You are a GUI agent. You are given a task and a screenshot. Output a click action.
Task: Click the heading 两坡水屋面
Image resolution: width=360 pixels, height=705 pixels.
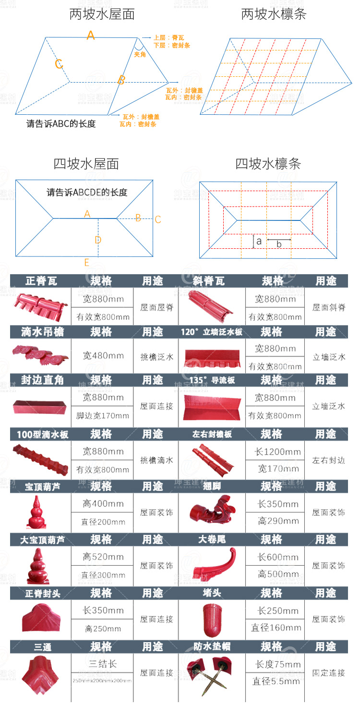tap(102, 14)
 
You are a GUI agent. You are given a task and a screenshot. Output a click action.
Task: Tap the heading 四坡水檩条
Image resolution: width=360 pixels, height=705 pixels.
tap(268, 164)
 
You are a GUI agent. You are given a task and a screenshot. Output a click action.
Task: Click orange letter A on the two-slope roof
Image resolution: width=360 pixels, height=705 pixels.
tap(91, 35)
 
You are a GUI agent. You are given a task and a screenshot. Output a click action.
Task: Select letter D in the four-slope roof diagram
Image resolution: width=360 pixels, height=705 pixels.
tap(98, 240)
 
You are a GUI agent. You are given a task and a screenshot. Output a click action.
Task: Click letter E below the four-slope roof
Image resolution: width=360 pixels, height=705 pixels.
tap(87, 262)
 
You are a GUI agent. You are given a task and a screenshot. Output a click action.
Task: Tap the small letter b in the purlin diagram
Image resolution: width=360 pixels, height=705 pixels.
tap(279, 244)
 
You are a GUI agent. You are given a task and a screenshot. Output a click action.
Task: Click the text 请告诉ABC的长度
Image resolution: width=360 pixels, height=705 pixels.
tap(61, 123)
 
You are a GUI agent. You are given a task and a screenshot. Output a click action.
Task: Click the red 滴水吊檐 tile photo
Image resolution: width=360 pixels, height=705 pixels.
tap(40, 356)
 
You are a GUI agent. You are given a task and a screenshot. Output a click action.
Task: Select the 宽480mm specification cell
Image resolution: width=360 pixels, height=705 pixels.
tap(102, 356)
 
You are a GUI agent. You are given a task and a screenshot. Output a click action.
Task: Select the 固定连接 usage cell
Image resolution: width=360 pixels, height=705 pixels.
tap(328, 673)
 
